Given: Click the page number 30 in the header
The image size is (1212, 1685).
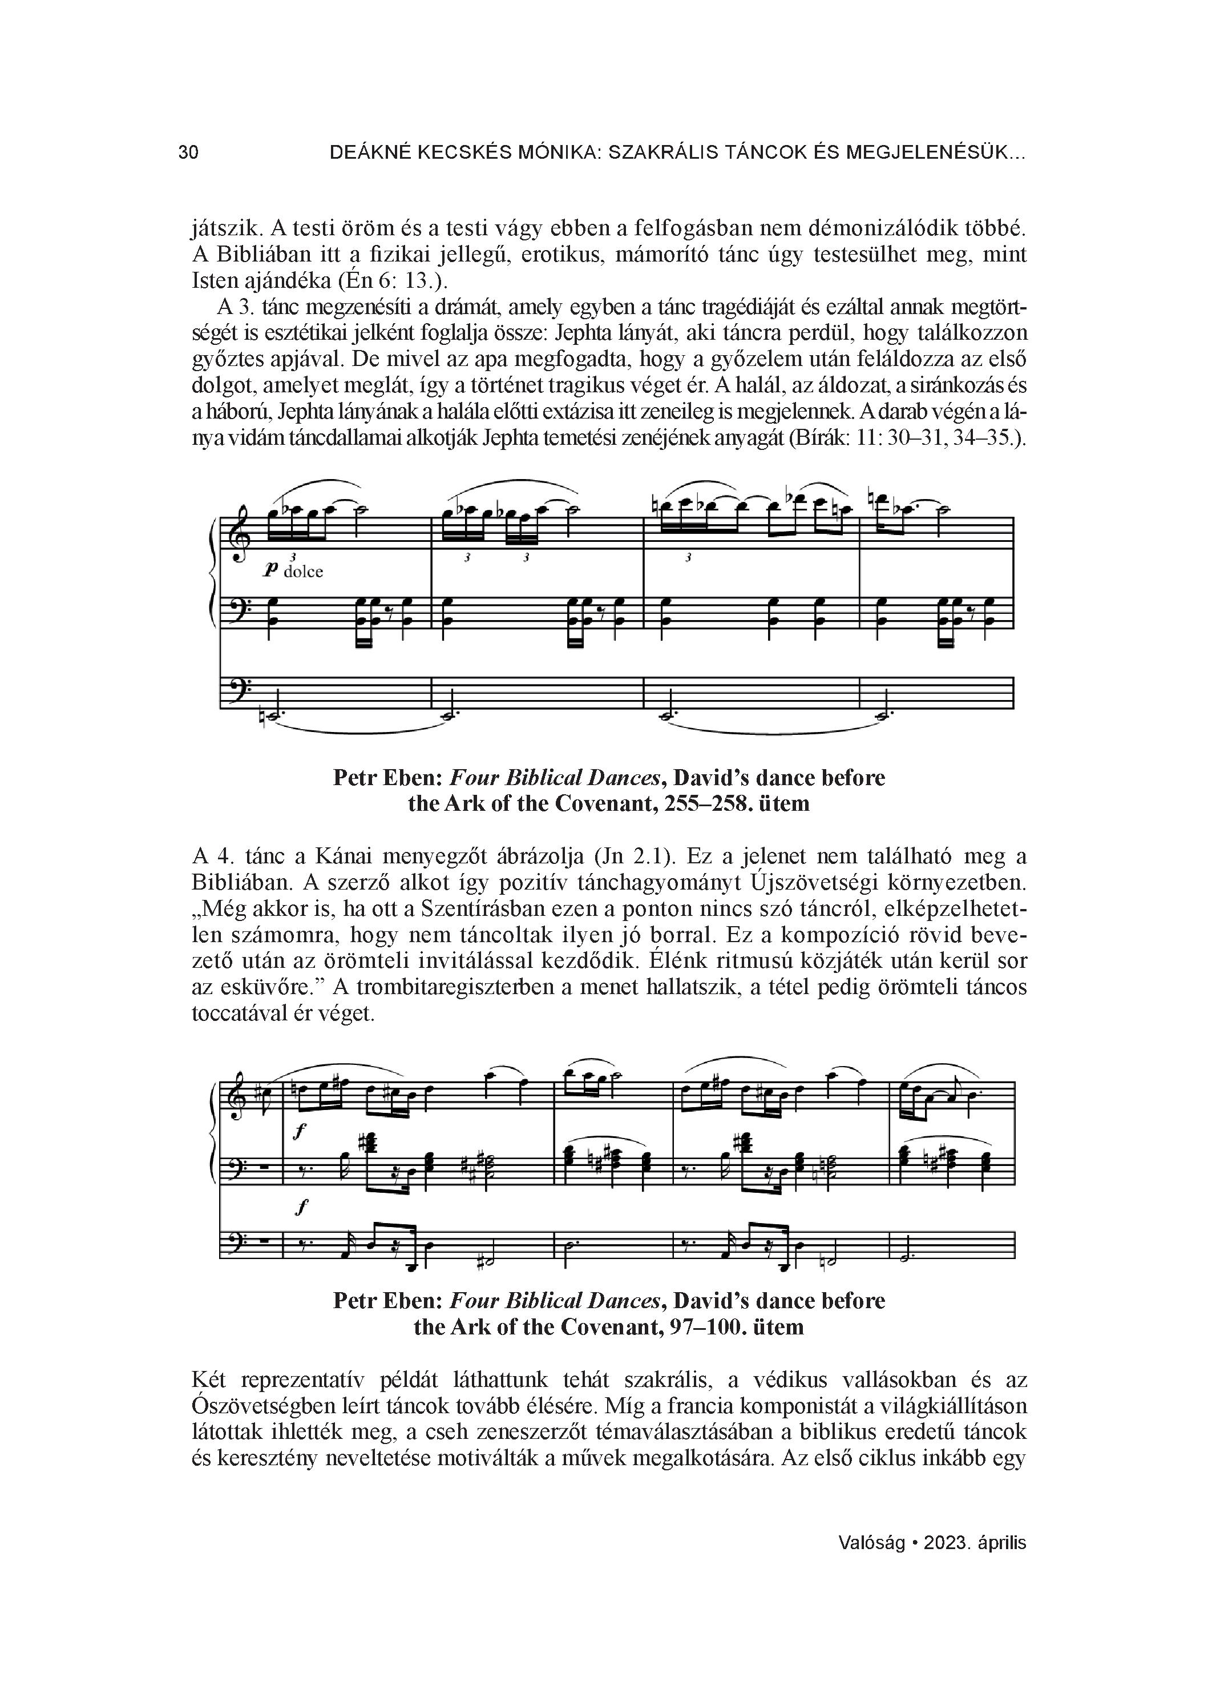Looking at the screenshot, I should (x=189, y=153).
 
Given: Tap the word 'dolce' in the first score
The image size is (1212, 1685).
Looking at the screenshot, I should (x=303, y=572).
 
